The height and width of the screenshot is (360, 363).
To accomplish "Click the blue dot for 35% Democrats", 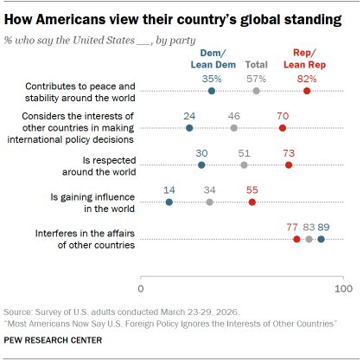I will (212, 91).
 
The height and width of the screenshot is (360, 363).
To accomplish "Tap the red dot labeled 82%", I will (307, 91).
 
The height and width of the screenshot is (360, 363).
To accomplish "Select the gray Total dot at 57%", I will (256, 91).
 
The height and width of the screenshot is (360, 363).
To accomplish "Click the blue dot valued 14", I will (169, 202).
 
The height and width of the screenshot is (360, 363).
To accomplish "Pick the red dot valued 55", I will (252, 202).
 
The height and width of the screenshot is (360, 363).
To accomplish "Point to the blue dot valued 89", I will (322, 239).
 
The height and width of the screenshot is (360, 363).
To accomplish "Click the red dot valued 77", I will (297, 239).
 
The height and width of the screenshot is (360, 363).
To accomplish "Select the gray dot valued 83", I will (309, 239).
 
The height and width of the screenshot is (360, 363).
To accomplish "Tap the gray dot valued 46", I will (234, 128).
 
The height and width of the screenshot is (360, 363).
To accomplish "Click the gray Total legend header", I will (257, 64).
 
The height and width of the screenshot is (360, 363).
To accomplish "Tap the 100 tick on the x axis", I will (343, 286).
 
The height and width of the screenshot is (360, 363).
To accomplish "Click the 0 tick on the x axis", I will (140, 286).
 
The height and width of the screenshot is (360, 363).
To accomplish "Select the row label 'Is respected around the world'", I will (102, 164).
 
